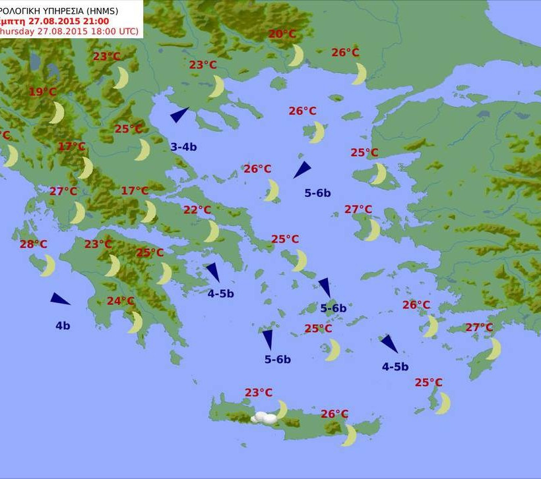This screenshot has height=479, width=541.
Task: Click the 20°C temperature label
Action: tap(282, 34)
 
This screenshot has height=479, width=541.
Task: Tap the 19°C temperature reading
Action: tap(42, 92)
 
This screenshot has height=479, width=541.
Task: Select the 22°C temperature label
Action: tap(197, 210)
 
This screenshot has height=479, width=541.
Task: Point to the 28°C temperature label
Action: tap(33, 244)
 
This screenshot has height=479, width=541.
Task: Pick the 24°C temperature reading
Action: tap(121, 301)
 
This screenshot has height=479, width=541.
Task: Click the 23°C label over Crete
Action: tap(259, 393)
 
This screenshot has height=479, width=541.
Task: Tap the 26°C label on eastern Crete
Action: tap(334, 414)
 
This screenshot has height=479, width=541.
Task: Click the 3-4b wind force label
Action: tap(183, 147)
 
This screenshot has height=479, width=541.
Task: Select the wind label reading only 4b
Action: tap(63, 325)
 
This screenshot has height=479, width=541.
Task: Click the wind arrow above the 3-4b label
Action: tap(179, 115)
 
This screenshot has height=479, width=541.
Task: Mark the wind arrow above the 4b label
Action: tap(60, 299)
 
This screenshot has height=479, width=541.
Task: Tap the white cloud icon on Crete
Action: tap(265, 418)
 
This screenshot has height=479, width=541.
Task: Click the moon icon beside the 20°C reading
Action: tap(296, 55)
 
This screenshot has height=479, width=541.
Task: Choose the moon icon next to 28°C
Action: tap(48, 266)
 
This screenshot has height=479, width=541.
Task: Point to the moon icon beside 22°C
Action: tap(211, 231)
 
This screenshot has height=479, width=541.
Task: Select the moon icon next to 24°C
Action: tap(135, 322)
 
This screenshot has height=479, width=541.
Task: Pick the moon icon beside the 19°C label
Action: tap(57, 113)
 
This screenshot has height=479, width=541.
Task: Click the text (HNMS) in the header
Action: tap(122, 9)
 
